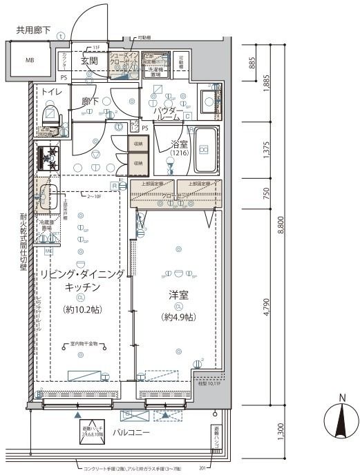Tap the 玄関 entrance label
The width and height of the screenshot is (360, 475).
click(x=89, y=61)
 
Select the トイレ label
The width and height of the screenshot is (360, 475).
click(x=52, y=92)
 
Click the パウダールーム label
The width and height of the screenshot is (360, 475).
click(x=168, y=114)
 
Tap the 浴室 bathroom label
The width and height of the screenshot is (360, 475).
click(x=180, y=145)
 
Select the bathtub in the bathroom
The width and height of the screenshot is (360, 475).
click(x=205, y=151)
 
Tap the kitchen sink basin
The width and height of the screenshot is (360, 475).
click(x=47, y=196)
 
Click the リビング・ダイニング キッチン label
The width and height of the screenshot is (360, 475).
click(x=82, y=280)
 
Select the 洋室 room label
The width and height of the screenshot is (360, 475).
click(x=178, y=293)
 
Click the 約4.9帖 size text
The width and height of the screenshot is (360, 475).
click(x=178, y=317)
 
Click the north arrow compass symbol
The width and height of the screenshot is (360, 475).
click(x=341, y=421)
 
